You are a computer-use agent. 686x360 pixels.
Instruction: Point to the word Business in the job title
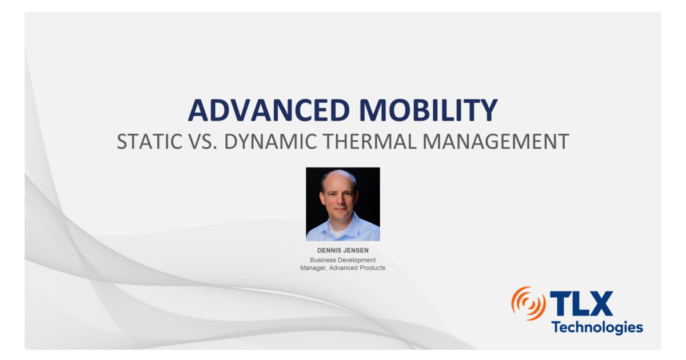pos(323,260)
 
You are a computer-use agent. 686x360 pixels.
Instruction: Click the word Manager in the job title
pos(313,267)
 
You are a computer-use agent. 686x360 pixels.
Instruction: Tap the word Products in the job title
pos(371,267)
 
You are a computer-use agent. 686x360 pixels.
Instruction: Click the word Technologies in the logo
pos(597,327)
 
